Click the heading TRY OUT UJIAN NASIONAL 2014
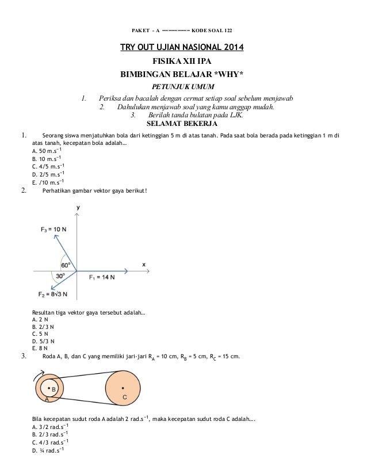pyautogui.click(x=181, y=47)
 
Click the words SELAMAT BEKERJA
pyautogui.click(x=182, y=123)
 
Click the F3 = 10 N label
pyautogui.click(x=53, y=229)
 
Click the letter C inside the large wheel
pyautogui.click(x=124, y=397)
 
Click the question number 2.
pyautogui.click(x=24, y=191)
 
